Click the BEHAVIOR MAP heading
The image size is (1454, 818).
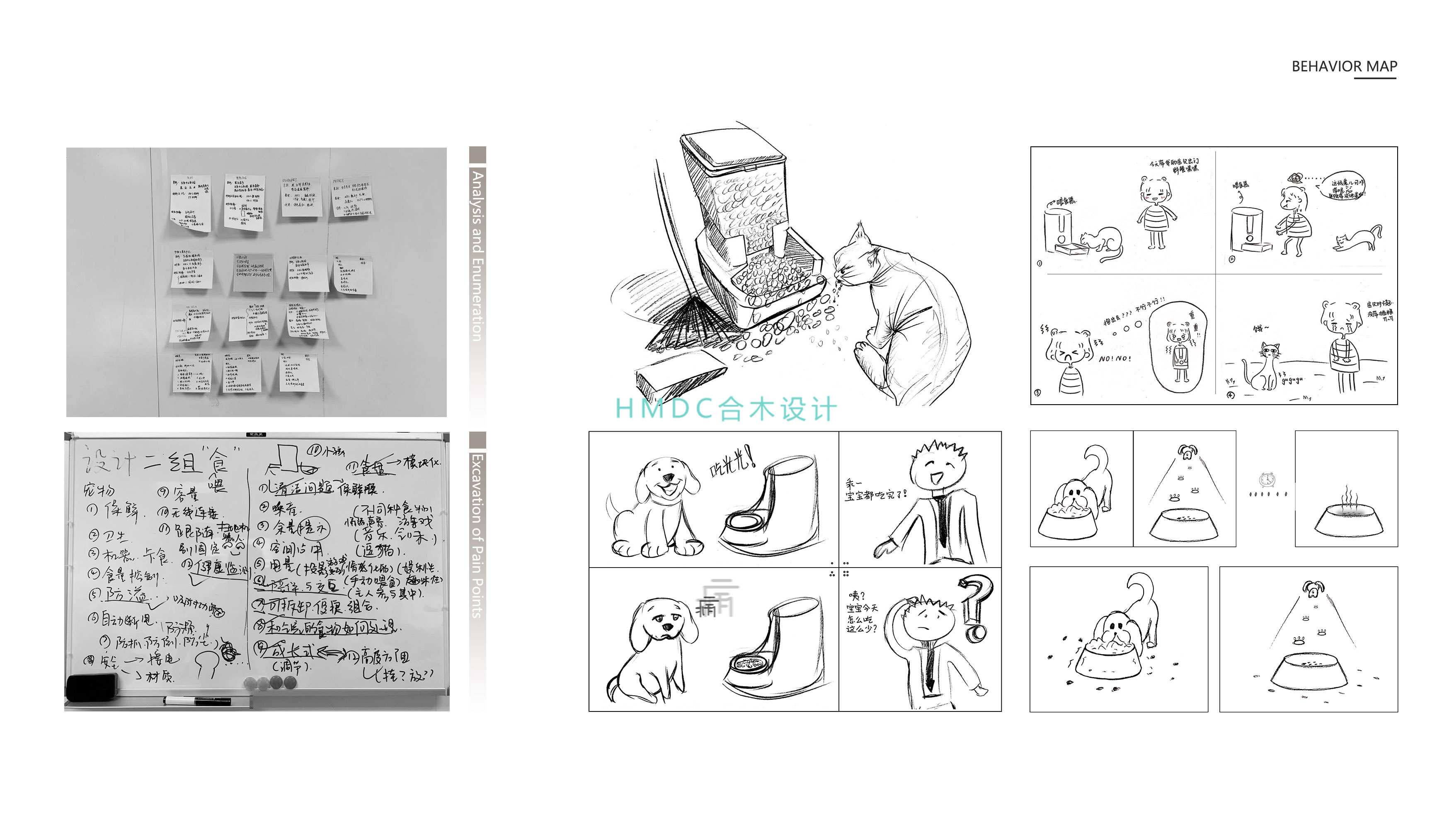1344,67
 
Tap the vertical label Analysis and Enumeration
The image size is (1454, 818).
477,257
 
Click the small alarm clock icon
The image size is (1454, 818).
1267,480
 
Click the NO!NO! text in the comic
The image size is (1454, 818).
1115,359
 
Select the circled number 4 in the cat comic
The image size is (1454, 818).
1231,395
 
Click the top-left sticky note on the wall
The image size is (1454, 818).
191,202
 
